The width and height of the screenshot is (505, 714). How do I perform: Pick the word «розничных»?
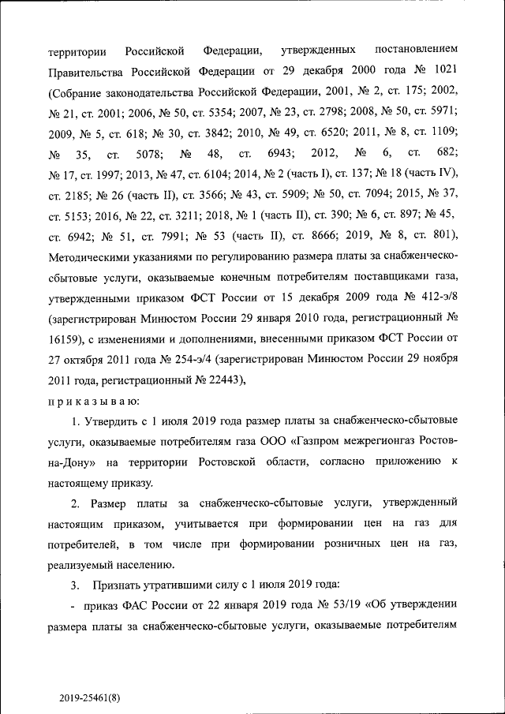pyautogui.click(x=338, y=544)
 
